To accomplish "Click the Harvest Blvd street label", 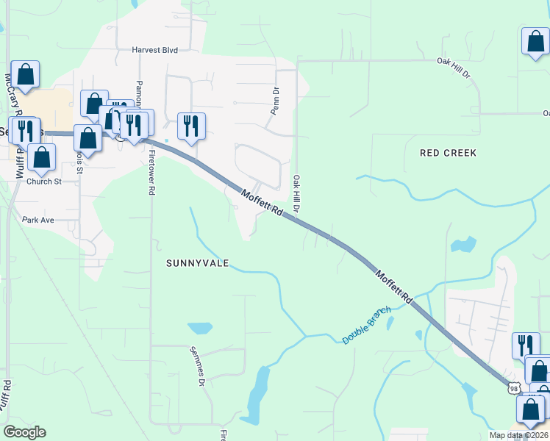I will click(x=155, y=50).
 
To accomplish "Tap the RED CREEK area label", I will click(x=448, y=153).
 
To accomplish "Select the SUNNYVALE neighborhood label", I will click(x=197, y=262).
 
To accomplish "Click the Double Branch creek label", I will click(x=366, y=326).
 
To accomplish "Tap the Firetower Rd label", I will click(x=151, y=173).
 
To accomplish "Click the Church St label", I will click(x=44, y=182).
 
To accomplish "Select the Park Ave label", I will click(x=39, y=220).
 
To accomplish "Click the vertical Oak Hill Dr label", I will click(x=298, y=194).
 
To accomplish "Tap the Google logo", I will click(x=24, y=431).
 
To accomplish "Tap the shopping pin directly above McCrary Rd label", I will click(x=25, y=74).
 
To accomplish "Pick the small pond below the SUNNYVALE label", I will click(x=199, y=328).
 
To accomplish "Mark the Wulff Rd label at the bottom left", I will click(x=6, y=397).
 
